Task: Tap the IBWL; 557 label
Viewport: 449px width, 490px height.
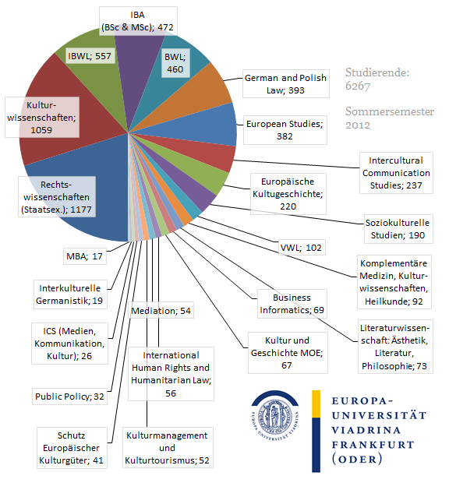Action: (x=90, y=56)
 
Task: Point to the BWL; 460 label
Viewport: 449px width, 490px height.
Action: (x=175, y=63)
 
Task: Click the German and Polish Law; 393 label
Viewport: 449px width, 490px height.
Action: (x=286, y=84)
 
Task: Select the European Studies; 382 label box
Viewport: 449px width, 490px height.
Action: (x=285, y=130)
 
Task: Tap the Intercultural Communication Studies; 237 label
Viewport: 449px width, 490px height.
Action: (x=396, y=173)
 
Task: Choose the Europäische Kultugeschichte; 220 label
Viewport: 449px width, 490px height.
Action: (x=288, y=194)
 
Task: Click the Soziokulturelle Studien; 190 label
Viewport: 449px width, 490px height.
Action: (x=398, y=229)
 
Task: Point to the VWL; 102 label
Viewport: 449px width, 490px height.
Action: (x=302, y=248)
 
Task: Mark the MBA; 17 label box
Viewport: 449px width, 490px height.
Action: (x=85, y=256)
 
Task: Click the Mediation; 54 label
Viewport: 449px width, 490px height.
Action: (x=161, y=310)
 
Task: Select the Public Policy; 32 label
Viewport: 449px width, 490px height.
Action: (x=69, y=397)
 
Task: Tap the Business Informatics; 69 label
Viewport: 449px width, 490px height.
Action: (x=292, y=304)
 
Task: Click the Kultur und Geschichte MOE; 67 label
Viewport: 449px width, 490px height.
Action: (x=288, y=353)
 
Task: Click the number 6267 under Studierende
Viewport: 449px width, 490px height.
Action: (x=358, y=86)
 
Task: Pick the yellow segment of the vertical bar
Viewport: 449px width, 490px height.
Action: (x=316, y=404)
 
